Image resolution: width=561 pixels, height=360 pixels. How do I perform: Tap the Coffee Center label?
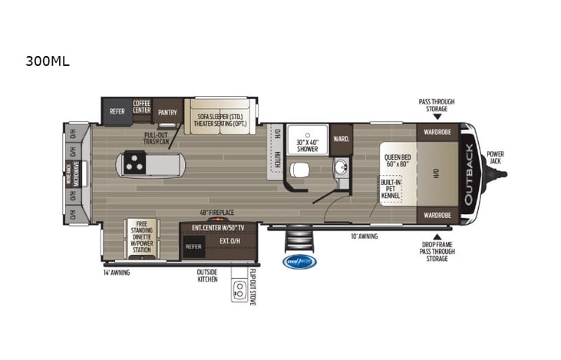pyautogui.click(x=141, y=107)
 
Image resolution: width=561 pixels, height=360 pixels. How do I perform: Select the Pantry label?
pyautogui.click(x=168, y=112)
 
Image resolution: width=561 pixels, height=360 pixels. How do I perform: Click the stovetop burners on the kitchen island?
pyautogui.click(x=137, y=163)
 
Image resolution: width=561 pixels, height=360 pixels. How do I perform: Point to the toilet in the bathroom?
pyautogui.click(x=301, y=169)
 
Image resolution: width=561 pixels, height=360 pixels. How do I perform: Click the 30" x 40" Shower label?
pyautogui.click(x=308, y=144)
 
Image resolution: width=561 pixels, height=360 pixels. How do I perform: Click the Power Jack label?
pyautogui.click(x=495, y=157)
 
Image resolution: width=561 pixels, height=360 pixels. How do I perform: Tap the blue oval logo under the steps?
pyautogui.click(x=299, y=262)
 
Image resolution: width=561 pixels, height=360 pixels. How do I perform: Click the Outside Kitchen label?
pyautogui.click(x=207, y=276)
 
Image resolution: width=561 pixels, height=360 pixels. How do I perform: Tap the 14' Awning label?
pyautogui.click(x=117, y=272)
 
